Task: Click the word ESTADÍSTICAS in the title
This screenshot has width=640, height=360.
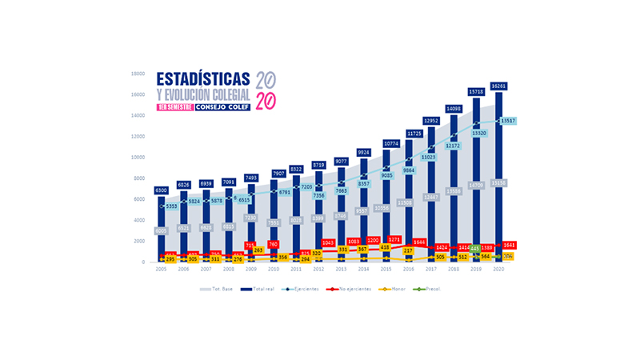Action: pyautogui.click(x=203, y=79)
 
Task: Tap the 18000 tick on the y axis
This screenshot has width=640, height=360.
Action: pyautogui.click(x=138, y=74)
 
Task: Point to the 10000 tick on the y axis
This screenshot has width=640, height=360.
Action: pyautogui.click(x=138, y=158)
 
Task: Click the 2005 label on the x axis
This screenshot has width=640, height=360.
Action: pyautogui.click(x=160, y=270)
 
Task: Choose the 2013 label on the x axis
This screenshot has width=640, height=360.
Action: pyautogui.click(x=342, y=270)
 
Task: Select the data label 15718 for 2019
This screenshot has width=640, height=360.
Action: pyautogui.click(x=477, y=91)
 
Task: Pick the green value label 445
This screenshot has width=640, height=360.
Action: pyautogui.click(x=475, y=248)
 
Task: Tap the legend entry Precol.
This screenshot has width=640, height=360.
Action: pyautogui.click(x=433, y=288)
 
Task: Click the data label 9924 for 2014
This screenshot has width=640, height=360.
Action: pyautogui.click(x=364, y=152)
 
